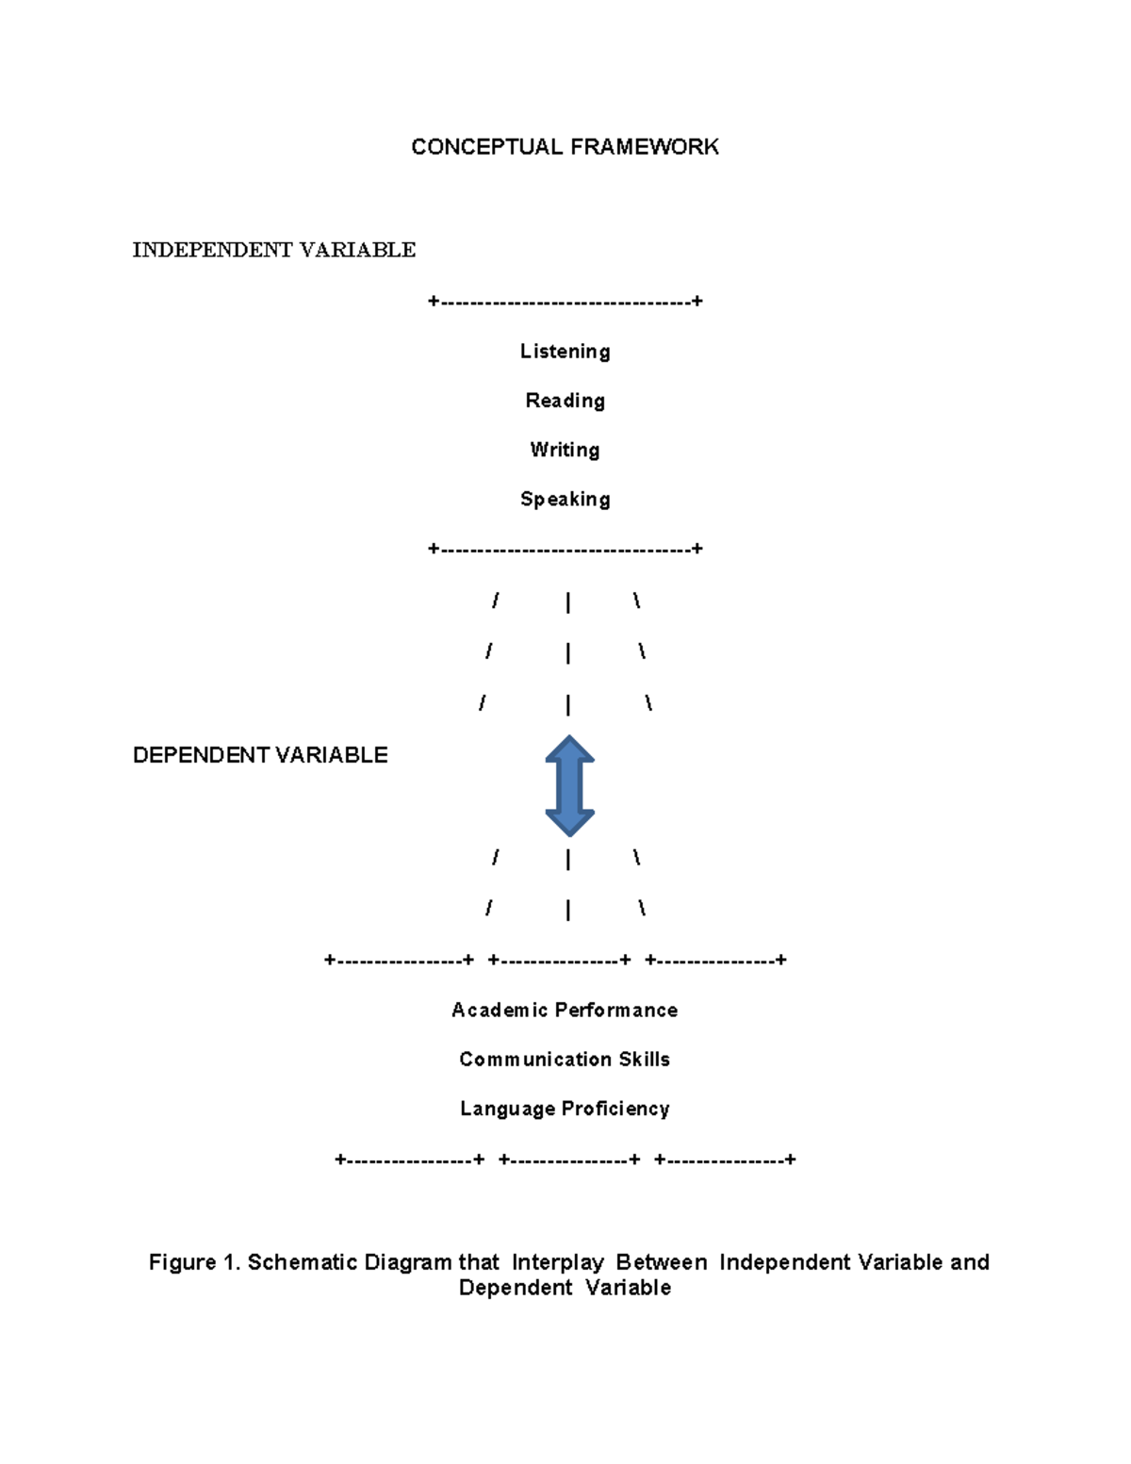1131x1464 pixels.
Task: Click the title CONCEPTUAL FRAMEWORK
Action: pos(565,147)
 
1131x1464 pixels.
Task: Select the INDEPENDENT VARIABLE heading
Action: pos(273,250)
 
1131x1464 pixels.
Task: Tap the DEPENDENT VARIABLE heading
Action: pos(260,755)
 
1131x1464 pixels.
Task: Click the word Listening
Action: pos(565,352)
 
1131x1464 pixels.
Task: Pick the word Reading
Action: pos(565,401)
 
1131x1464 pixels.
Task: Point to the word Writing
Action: pos(565,450)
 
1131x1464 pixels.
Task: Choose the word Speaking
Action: pos(565,499)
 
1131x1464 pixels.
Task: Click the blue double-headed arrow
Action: pos(569,785)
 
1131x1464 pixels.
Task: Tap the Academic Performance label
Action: pos(565,1011)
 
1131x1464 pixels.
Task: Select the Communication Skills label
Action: pos(565,1060)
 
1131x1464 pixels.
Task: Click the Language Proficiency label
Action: pos(565,1109)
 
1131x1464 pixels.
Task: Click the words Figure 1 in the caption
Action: pos(194,1262)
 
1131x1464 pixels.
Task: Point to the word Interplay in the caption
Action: pos(557,1262)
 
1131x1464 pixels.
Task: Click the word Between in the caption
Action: pos(661,1262)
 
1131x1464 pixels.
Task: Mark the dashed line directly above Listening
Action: pos(565,302)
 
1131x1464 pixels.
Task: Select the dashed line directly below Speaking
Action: pos(565,549)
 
